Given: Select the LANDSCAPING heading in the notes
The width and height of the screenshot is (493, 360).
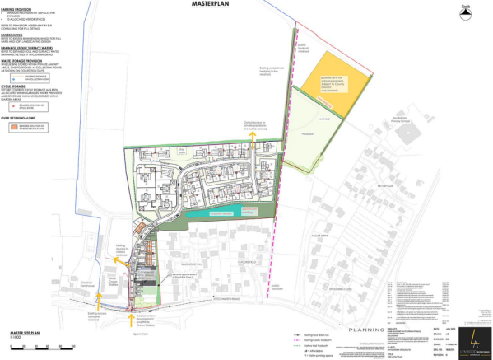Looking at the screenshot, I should (x=19, y=34).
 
